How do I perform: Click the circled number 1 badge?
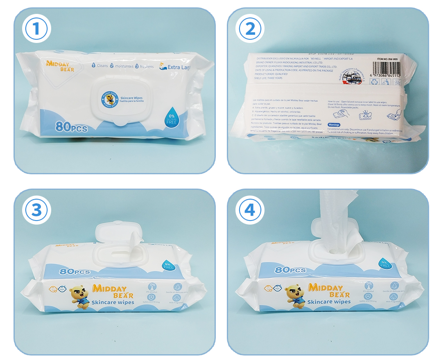[35, 29]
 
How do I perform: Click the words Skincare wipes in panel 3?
[113, 302]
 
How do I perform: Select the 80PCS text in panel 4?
[290, 270]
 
